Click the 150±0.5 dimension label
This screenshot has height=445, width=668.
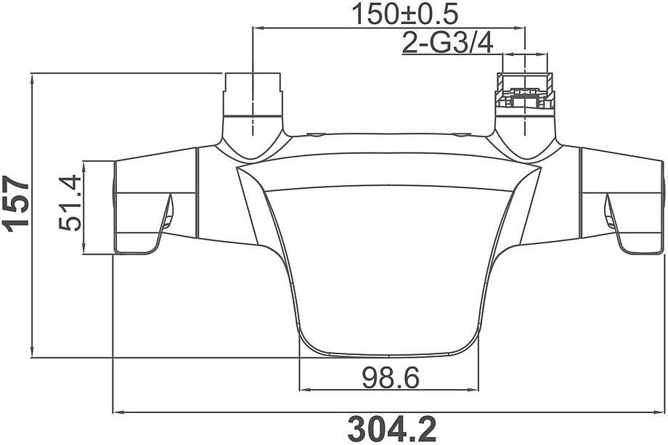405,14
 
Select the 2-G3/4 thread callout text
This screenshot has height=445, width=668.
448,43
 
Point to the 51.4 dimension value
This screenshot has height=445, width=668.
70,203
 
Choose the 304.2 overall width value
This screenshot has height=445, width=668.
392,429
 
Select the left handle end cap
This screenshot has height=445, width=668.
114,208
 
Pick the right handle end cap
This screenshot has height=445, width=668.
664,208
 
